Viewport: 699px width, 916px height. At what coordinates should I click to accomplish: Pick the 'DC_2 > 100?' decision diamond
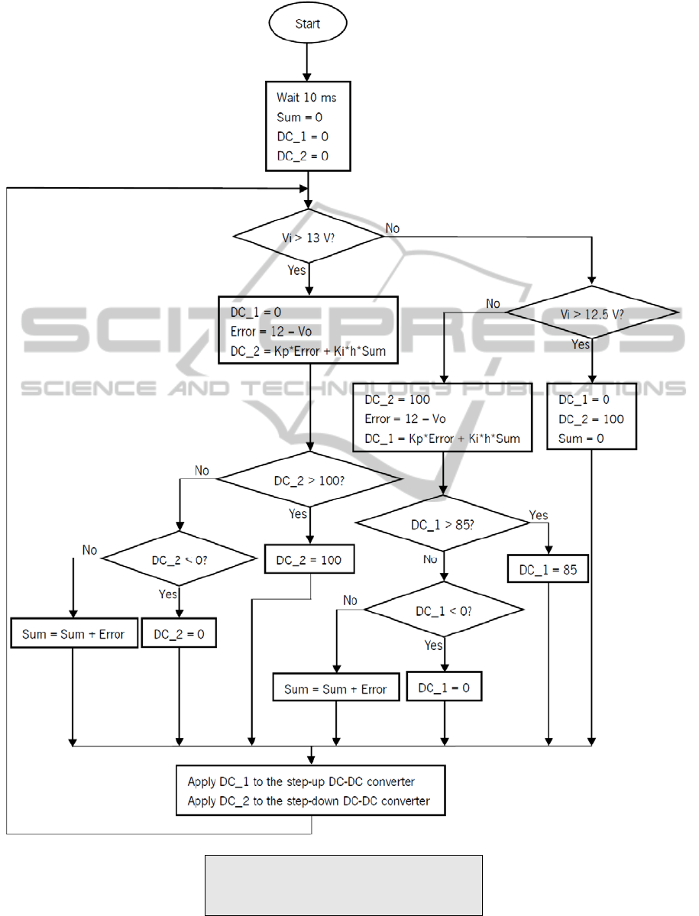pos(309,481)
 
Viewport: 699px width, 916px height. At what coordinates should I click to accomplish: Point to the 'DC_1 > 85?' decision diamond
pos(443,524)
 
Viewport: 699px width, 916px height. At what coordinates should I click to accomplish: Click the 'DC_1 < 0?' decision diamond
pos(444,611)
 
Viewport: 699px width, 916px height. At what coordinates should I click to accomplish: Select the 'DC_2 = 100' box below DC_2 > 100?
pos(309,560)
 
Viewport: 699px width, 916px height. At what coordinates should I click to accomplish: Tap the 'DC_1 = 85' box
pos(549,570)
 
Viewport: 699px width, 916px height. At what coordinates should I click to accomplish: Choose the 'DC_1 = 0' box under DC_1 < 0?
pos(444,688)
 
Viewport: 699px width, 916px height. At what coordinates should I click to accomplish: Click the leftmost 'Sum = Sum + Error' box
pos(74,634)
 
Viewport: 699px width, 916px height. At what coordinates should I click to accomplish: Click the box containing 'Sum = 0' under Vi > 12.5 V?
pos(592,419)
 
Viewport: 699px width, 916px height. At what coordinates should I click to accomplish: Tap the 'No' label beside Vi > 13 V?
pos(393,228)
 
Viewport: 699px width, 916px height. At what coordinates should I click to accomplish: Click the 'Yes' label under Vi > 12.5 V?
pos(581,345)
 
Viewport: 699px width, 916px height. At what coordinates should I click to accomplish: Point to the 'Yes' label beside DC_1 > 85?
pos(539,515)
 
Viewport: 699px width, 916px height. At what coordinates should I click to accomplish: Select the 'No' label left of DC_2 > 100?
pos(202,471)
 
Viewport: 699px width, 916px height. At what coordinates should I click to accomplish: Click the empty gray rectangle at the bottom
pos(343,885)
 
